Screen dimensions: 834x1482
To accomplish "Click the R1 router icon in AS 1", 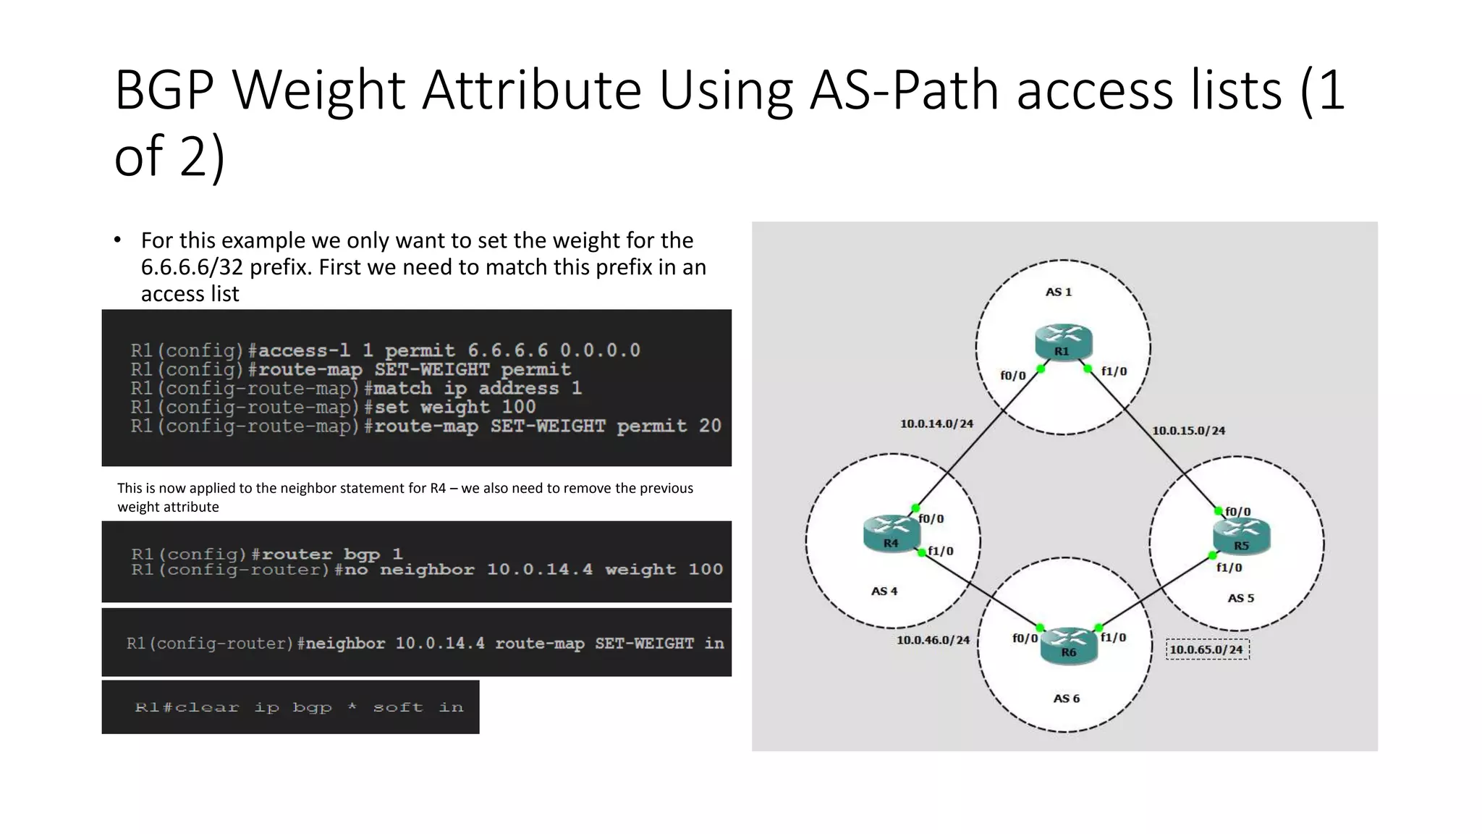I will coord(1062,342).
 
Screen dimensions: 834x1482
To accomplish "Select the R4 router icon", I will coord(892,534).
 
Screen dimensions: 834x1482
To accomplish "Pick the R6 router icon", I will coord(1069,645).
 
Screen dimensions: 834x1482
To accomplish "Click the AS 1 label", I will coord(1058,292).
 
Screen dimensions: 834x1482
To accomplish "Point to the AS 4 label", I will coord(884,591).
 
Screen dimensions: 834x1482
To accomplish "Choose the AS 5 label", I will coord(1240,598).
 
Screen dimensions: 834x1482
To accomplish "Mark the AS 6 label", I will coord(1066,699).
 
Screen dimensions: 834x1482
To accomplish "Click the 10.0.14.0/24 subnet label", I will coord(936,424).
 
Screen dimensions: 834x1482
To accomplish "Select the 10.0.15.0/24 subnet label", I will coord(1188,431).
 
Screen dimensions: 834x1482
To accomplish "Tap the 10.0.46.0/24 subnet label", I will coord(933,640).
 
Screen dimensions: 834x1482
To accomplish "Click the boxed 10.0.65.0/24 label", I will coord(1207,649).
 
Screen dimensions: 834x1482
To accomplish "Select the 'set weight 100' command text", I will coord(455,408).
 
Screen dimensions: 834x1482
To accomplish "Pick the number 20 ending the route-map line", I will coord(709,426).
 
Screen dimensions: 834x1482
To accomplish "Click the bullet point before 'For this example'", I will coord(117,240).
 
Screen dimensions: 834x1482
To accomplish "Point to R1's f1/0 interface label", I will coord(1114,371).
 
